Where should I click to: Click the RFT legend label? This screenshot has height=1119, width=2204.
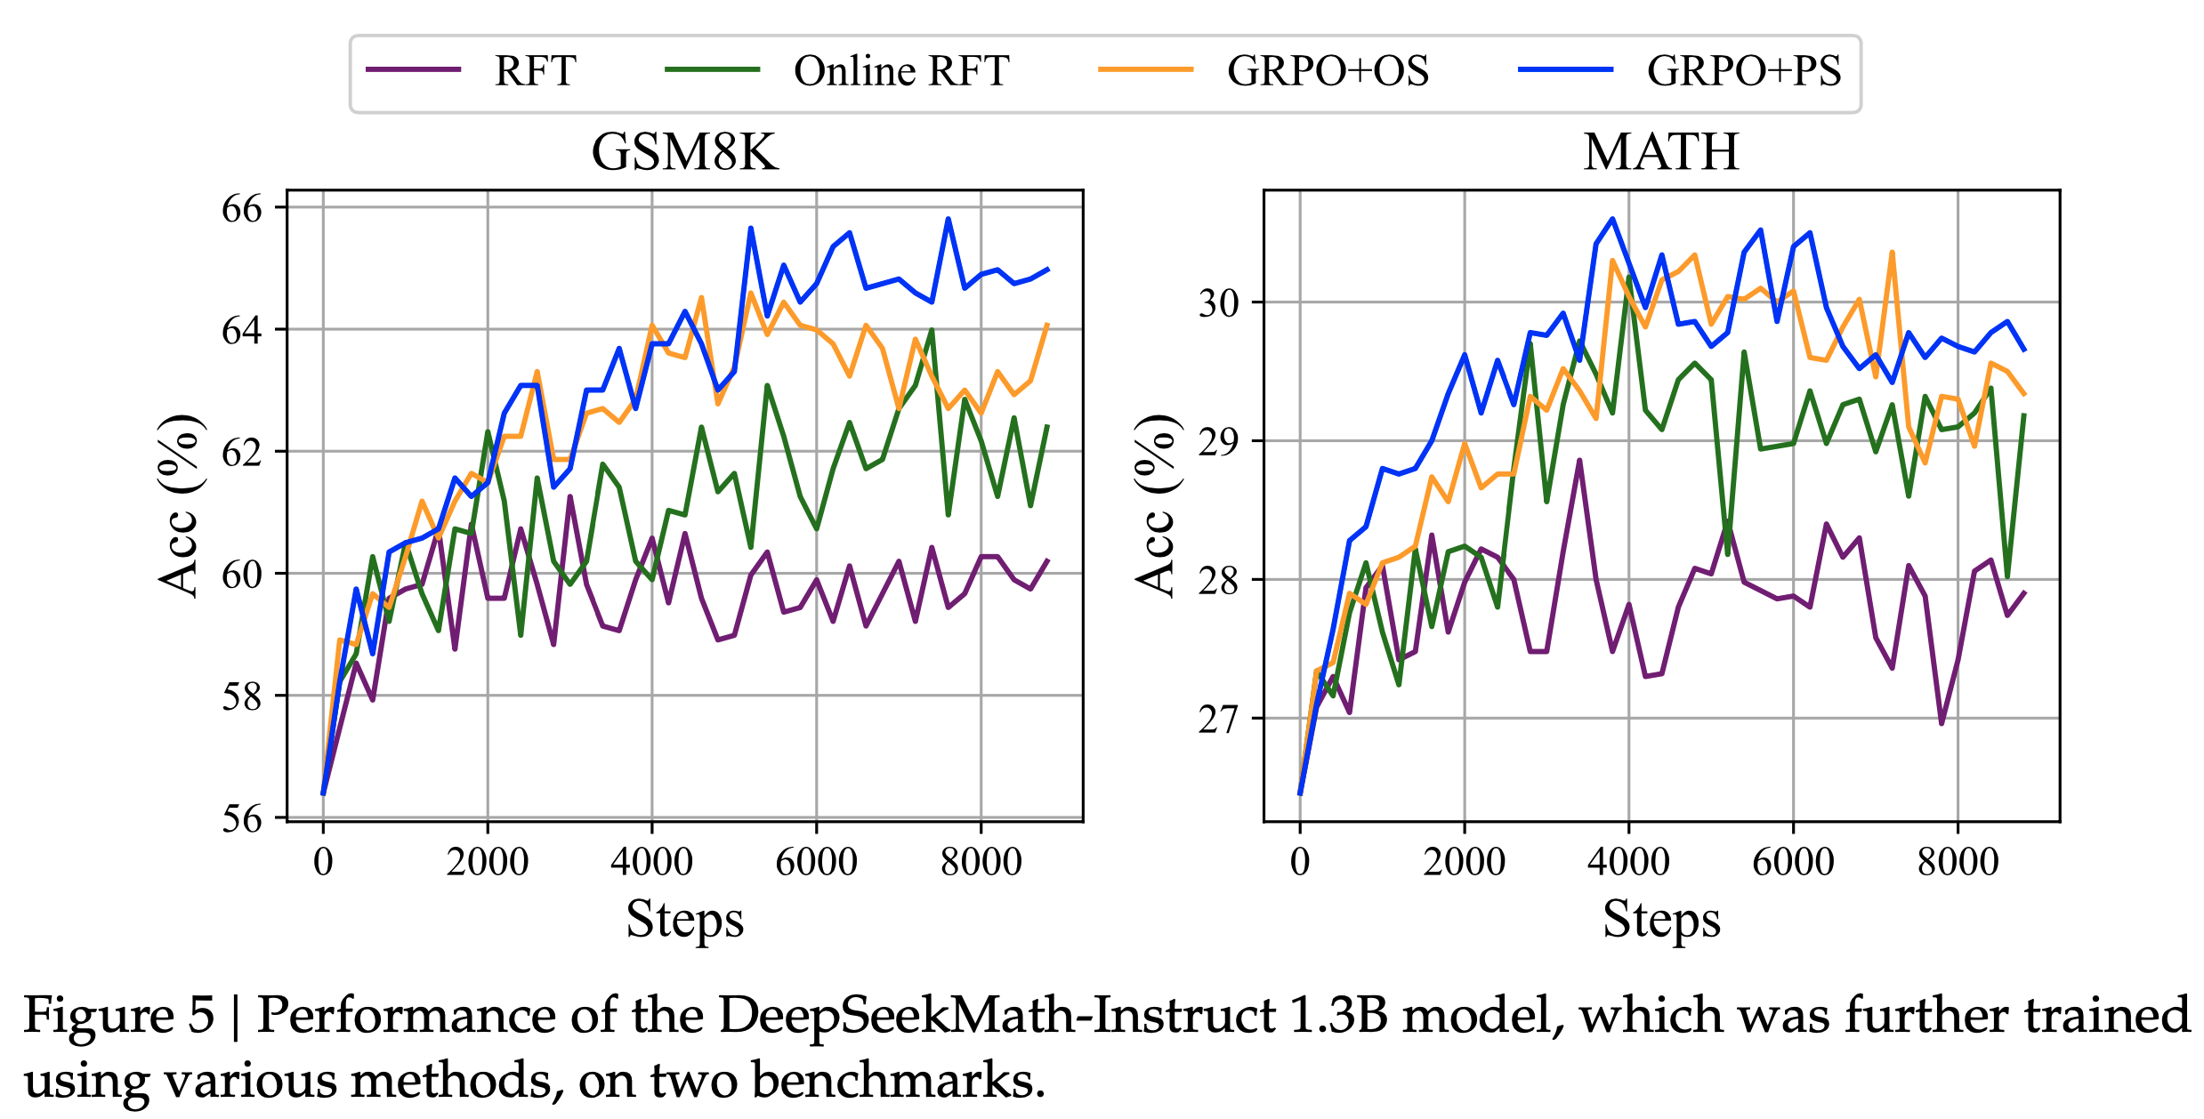535,71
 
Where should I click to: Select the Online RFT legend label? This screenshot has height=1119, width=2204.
900,71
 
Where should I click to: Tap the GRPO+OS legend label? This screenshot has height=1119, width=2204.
1328,71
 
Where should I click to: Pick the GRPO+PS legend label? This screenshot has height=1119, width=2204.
1743,71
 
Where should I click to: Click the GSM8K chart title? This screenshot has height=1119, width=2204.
684,152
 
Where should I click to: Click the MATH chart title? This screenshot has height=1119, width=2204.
1660,152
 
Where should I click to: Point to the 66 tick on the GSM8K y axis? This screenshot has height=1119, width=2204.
242,209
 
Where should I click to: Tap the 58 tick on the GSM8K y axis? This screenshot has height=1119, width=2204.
242,696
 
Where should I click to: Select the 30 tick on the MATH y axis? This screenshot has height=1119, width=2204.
1219,303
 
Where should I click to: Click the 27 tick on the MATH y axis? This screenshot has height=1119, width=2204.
1219,719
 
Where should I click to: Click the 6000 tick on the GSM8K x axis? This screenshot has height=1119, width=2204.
816,861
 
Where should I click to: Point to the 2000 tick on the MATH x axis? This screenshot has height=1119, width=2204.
1464,861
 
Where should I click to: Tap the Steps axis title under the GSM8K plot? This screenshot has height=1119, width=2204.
684,919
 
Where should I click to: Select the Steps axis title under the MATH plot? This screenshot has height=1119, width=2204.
1660,919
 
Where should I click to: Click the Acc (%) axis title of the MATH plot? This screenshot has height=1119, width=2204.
1156,505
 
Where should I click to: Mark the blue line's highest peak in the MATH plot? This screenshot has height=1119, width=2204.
1611,219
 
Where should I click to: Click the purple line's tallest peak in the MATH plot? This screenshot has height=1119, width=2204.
1579,461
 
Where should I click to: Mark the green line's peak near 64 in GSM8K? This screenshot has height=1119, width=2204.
932,330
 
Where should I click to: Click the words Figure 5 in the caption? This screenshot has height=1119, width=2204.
118,1015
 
